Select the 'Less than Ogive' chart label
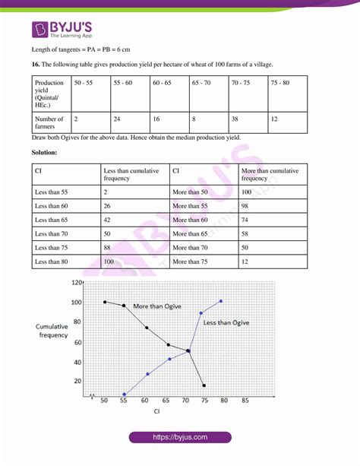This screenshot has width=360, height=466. click(x=226, y=322)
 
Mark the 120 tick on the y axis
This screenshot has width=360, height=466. click(x=77, y=282)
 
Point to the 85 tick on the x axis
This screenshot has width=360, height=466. click(x=245, y=400)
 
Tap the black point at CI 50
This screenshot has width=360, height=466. click(x=105, y=302)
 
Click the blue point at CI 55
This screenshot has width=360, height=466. click(x=124, y=395)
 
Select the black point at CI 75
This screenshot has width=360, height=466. click(x=204, y=385)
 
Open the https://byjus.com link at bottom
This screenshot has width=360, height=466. click(x=180, y=438)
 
